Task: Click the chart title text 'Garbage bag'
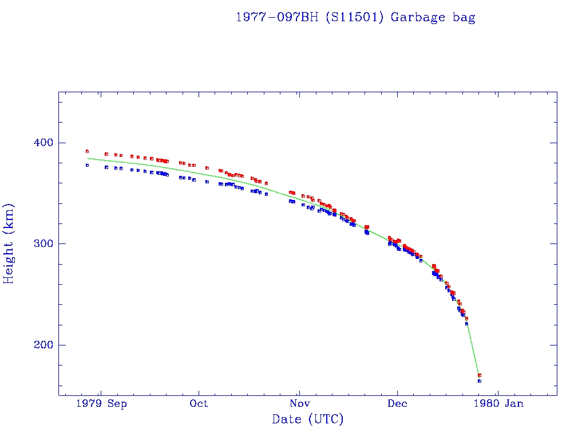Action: pyautogui.click(x=433, y=17)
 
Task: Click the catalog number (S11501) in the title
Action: pyautogui.click(x=354, y=17)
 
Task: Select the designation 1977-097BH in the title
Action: pyautogui.click(x=278, y=17)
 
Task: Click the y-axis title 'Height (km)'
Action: pyautogui.click(x=9, y=243)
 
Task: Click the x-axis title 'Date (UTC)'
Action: pyautogui.click(x=308, y=419)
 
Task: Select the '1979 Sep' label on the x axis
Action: pyautogui.click(x=101, y=403)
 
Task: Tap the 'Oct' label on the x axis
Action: pyautogui.click(x=199, y=403)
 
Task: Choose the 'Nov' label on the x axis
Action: pyautogui.click(x=298, y=403)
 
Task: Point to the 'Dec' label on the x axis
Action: pyautogui.click(x=397, y=403)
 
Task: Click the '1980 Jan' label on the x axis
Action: pyautogui.click(x=497, y=403)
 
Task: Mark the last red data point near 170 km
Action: pyautogui.click(x=480, y=375)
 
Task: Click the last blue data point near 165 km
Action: pyautogui.click(x=480, y=381)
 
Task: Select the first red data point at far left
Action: pyautogui.click(x=87, y=151)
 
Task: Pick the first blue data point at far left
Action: pyautogui.click(x=87, y=165)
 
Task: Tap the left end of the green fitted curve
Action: pyautogui.click(x=88, y=158)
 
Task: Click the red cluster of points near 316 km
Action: pyautogui.click(x=366, y=227)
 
